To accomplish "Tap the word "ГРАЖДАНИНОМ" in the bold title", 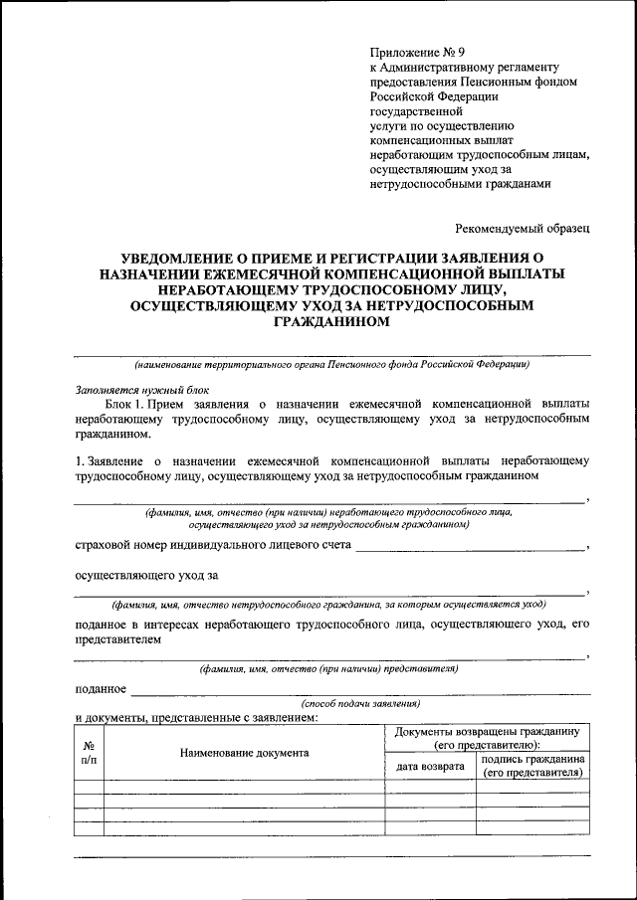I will (331, 321).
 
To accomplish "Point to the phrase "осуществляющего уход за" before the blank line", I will (147, 574).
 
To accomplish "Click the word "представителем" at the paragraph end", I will (116, 641).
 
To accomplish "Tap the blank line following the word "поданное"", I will (358, 690).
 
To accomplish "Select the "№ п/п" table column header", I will (89, 753).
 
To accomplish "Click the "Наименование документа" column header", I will (244, 753).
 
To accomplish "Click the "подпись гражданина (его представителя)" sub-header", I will (532, 765).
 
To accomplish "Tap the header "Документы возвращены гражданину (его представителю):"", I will (487, 738).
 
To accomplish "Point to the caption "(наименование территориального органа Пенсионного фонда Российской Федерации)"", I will (331, 364).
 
